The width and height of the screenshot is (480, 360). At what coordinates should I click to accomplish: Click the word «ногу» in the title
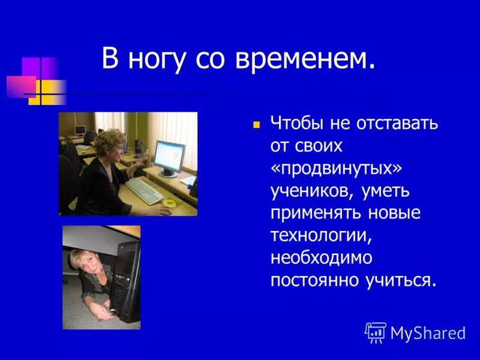pos(158,61)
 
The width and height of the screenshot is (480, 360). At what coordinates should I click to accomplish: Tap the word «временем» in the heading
pos(307,60)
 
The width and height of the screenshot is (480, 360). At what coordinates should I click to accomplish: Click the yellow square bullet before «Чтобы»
pos(256,126)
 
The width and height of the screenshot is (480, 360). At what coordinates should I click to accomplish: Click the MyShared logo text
pos(428,333)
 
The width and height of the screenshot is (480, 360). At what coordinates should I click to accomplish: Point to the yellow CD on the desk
pos(172,203)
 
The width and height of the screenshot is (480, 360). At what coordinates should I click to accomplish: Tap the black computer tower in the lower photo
pos(128,276)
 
